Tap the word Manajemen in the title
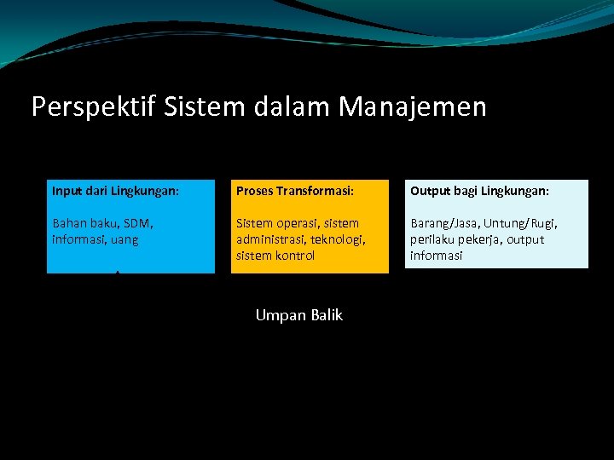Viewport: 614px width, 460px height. [x=413, y=107]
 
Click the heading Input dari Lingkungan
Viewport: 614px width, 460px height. [x=115, y=192]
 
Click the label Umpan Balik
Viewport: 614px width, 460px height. [x=298, y=315]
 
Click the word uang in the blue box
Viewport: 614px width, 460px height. [x=124, y=239]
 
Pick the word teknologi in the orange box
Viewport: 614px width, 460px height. [x=339, y=239]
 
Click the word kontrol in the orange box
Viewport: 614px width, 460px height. [x=294, y=256]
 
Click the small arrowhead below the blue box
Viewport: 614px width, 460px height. [x=117, y=274]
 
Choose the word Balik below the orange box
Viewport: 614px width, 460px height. [x=325, y=315]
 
